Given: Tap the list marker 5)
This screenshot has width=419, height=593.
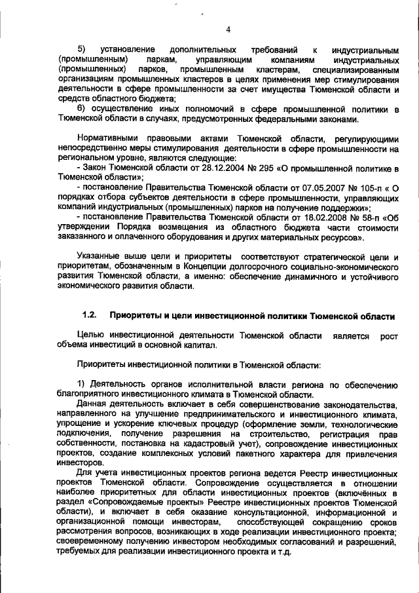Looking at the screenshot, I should pyautogui.click(x=82, y=50).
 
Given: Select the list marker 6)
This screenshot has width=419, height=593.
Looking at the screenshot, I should pyautogui.click(x=82, y=108).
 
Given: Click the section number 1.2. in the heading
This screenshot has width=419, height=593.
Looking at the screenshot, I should pyautogui.click(x=90, y=315).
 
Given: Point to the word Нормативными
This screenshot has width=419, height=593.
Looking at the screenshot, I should pyautogui.click(x=109, y=139).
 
